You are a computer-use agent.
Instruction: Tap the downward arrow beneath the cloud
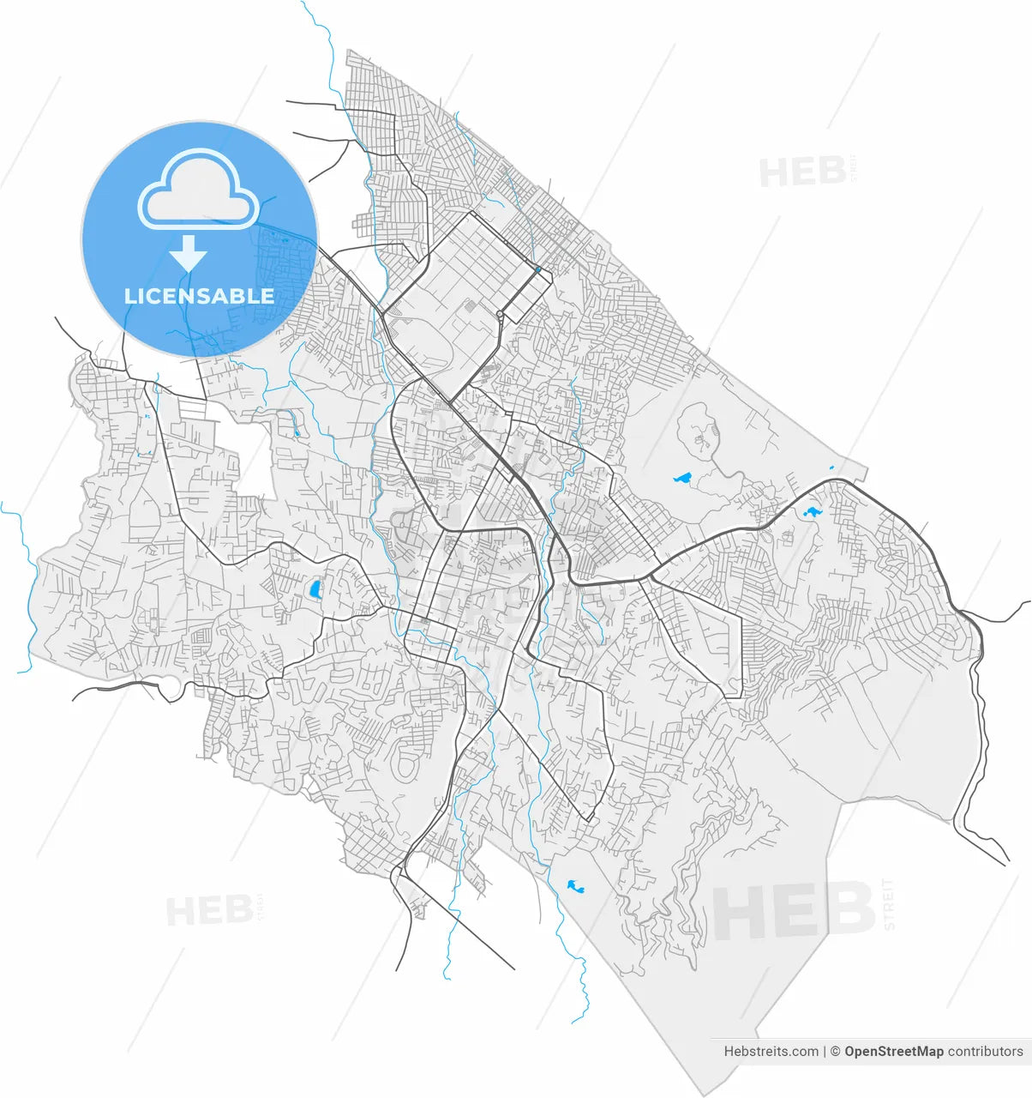pos(188,255)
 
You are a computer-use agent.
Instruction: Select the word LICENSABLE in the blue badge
pos(199,296)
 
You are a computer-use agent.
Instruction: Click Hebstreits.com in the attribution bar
pos(771,1051)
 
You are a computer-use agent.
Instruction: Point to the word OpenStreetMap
pos(893,1051)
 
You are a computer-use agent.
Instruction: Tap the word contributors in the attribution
pos(986,1051)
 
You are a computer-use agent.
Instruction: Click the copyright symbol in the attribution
pos(834,1051)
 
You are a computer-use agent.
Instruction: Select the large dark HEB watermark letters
pos(794,912)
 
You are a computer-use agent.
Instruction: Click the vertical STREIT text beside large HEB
pos(888,904)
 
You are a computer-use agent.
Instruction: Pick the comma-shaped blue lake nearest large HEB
pos(574,886)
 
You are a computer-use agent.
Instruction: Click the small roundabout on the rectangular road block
pos(500,315)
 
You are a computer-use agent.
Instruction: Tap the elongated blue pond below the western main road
pos(315,589)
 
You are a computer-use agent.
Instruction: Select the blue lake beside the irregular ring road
pos(682,478)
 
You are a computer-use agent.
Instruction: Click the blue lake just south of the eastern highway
pos(810,513)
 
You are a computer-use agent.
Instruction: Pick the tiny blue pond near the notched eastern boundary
pos(831,468)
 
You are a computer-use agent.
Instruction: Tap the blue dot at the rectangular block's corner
pos(537,269)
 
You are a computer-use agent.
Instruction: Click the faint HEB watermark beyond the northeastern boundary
pos(802,172)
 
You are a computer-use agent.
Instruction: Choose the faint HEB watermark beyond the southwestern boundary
pos(208,910)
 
